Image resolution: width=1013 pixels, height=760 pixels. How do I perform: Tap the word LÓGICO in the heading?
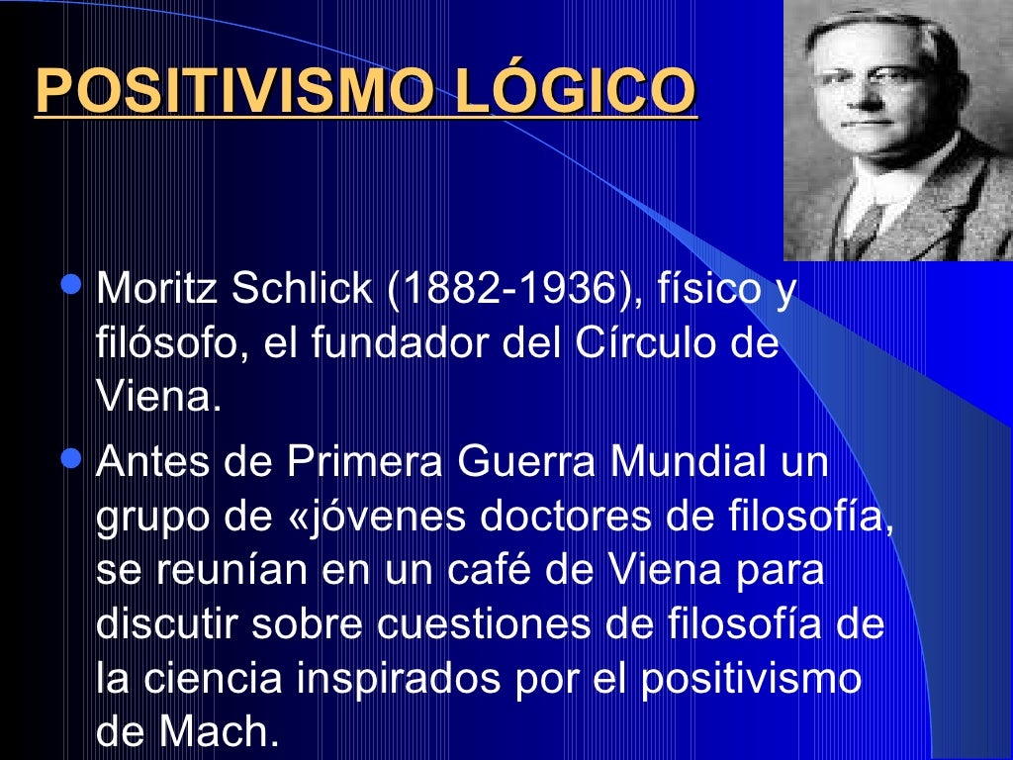[x=576, y=91]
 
